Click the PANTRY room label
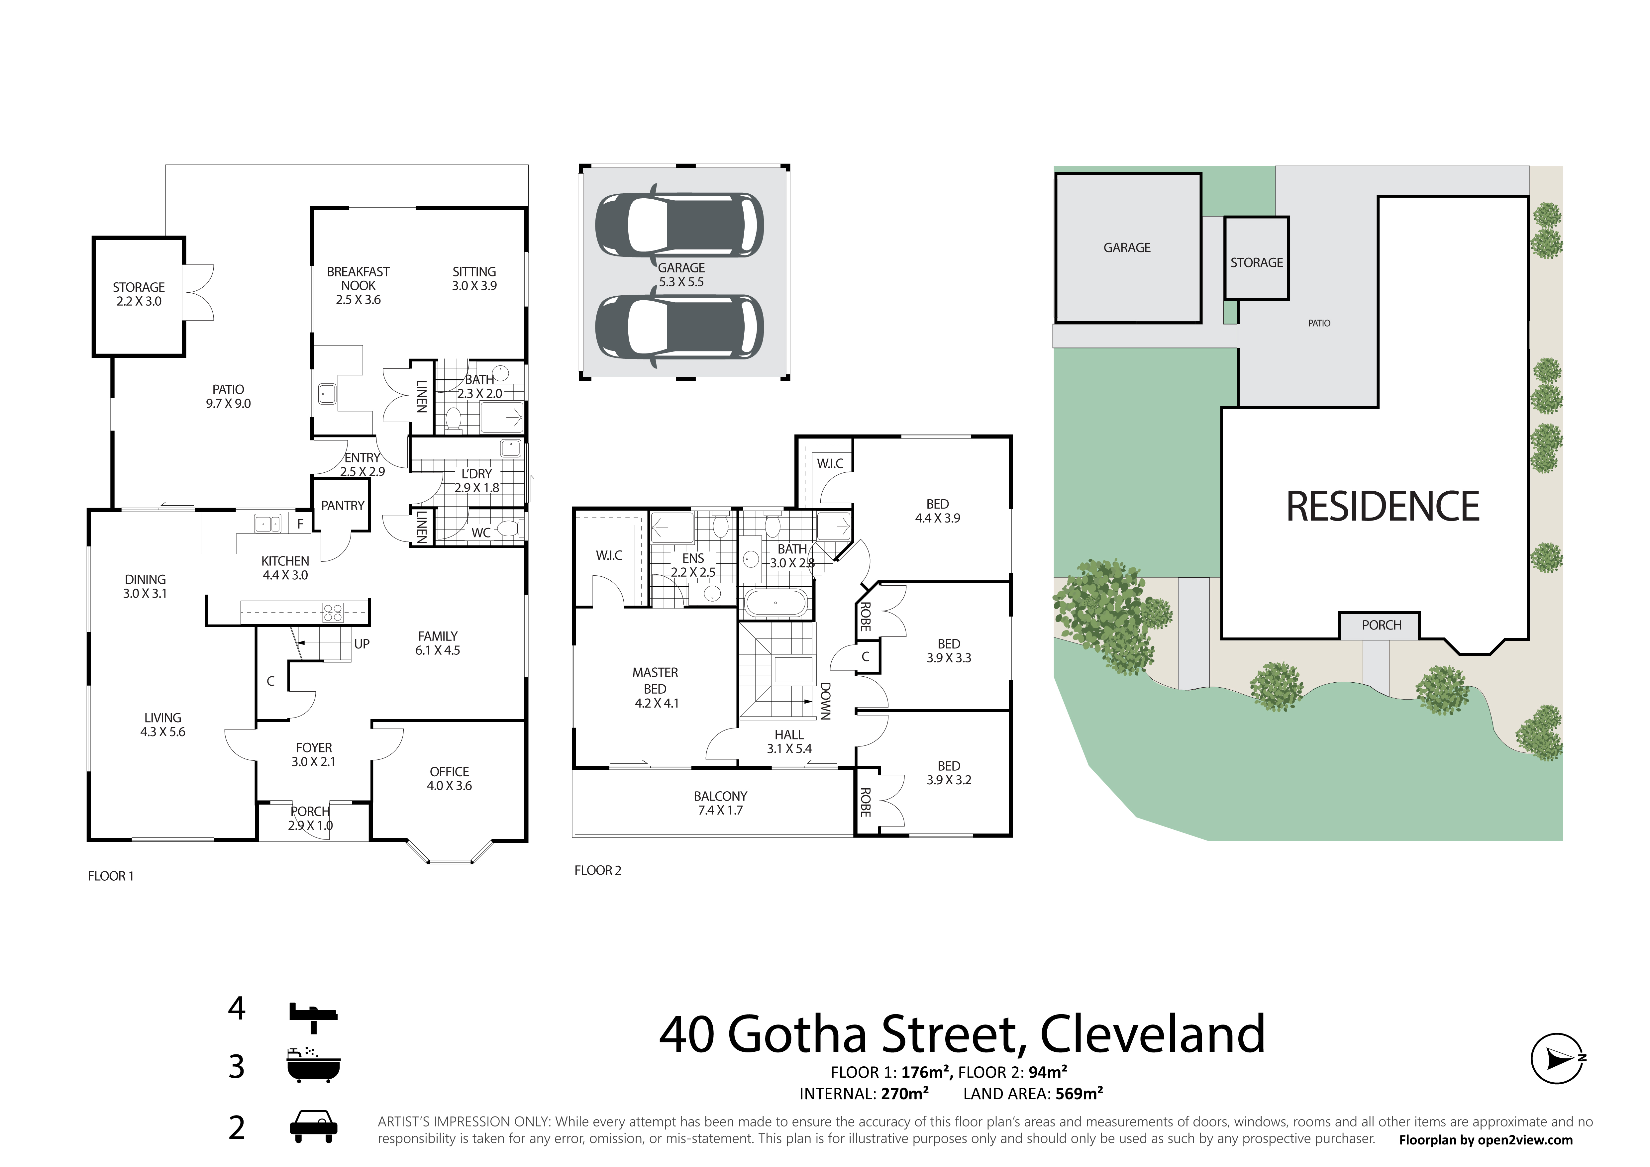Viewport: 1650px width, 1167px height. tap(343, 506)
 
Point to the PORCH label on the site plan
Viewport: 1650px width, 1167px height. tap(1381, 625)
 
